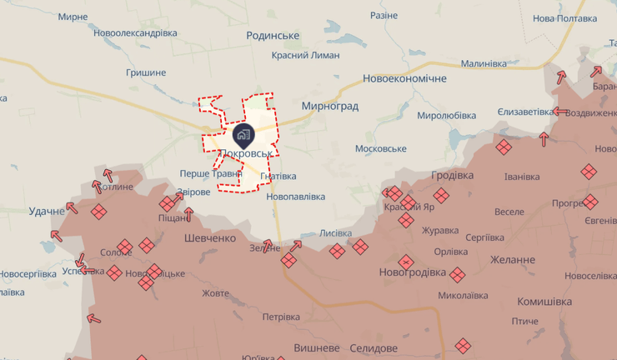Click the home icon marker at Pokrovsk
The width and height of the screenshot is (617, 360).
pos(243,133)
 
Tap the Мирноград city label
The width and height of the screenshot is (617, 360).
pos(330,107)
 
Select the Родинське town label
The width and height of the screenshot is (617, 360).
pos(273,35)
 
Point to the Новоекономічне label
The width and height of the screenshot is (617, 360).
pos(404,78)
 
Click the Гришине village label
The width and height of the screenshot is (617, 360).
pos(146,72)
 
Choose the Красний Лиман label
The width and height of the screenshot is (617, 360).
pos(305,55)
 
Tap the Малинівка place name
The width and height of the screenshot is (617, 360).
pos(484,63)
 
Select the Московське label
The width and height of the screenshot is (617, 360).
pos(380,148)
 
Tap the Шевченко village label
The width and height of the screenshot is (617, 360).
pos(210,237)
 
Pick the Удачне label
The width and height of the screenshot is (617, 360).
pos(47,211)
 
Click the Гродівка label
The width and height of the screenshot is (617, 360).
pos(453,176)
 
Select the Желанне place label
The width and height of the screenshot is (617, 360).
pos(513,259)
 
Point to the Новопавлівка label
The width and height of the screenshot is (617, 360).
pos(296,197)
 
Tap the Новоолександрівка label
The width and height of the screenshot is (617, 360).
pos(136,32)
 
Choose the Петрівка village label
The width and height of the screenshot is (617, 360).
pos(281,317)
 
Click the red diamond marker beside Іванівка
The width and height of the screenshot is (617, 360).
pos(504,147)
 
